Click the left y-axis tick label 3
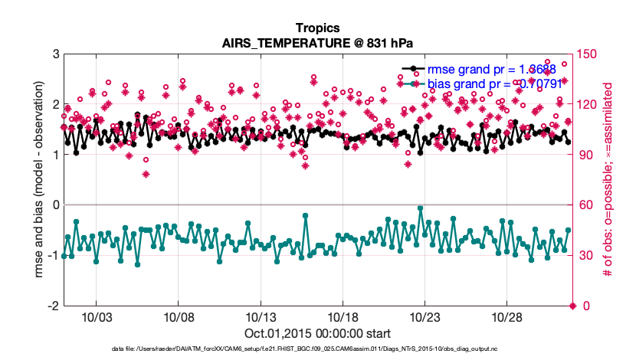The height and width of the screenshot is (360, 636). pyautogui.click(x=56, y=54)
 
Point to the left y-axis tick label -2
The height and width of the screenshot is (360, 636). pyautogui.click(x=53, y=306)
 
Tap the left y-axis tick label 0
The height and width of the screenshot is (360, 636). pyautogui.click(x=56, y=205)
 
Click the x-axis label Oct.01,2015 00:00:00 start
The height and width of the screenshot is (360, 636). pyautogui.click(x=317, y=333)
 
